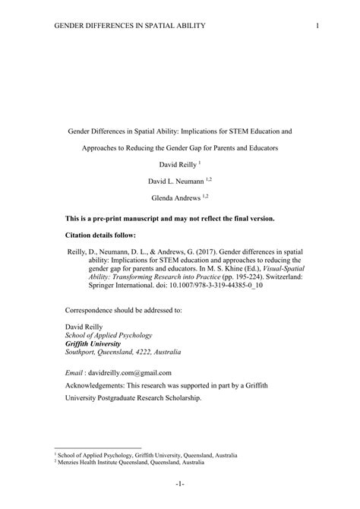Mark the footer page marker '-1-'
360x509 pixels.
179,484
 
